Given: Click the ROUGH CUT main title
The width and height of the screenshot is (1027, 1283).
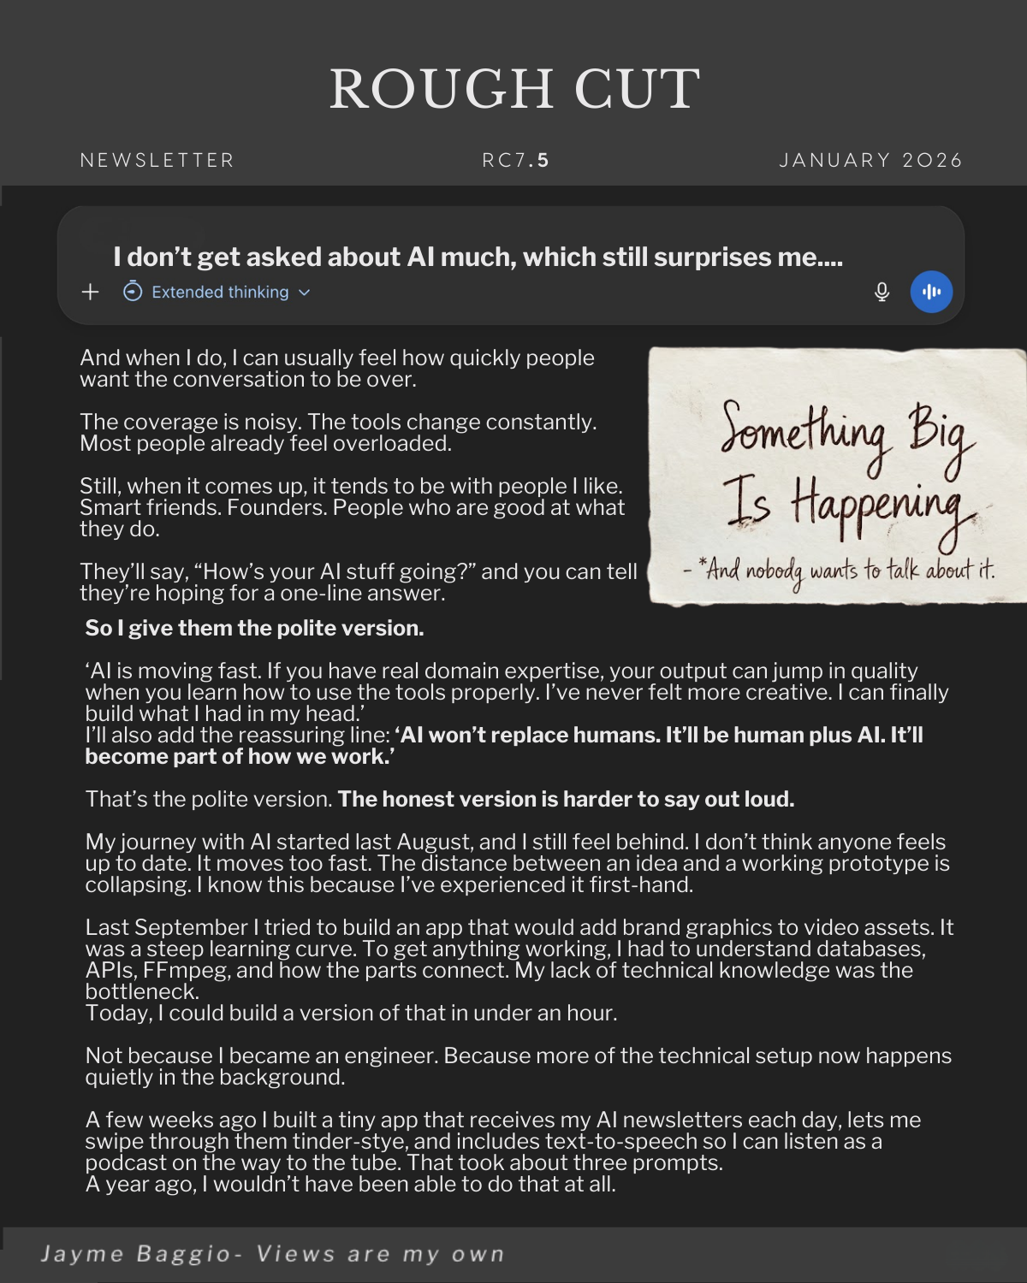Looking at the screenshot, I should pyautogui.click(x=514, y=89).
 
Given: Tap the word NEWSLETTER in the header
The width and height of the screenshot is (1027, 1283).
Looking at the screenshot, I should pyautogui.click(x=157, y=161).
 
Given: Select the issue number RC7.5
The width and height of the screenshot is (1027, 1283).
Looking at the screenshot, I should pyautogui.click(x=515, y=161).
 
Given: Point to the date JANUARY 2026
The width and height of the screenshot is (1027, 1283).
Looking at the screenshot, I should pyautogui.click(x=870, y=161).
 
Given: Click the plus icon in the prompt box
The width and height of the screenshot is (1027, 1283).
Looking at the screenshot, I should pyautogui.click(x=90, y=293).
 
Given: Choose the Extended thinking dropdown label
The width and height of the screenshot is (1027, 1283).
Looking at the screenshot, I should pyautogui.click(x=220, y=293).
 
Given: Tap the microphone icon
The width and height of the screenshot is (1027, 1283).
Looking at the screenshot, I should pyautogui.click(x=882, y=293).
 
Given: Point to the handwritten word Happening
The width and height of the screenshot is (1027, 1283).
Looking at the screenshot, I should pyautogui.click(x=882, y=509).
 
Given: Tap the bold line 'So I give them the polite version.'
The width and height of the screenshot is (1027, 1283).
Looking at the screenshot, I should pyautogui.click(x=254, y=628).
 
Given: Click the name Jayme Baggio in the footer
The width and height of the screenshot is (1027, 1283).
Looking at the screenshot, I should pyautogui.click(x=135, y=1254).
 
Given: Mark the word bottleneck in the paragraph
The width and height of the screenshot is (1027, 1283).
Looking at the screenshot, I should pyautogui.click(x=142, y=992).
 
